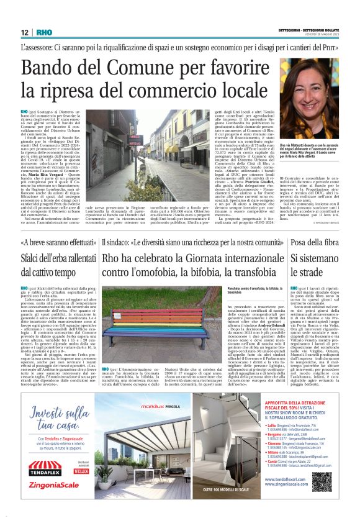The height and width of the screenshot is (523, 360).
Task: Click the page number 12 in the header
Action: [24, 32]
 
